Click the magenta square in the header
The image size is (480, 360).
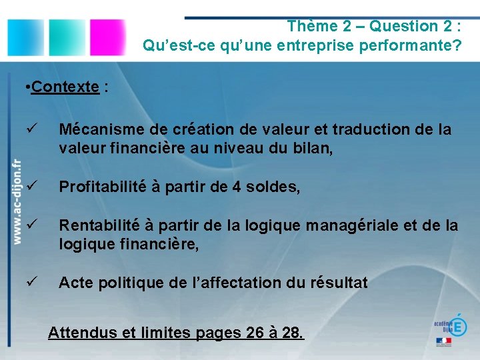pyautogui.click(x=107, y=37)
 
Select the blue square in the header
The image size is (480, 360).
pyautogui.click(x=25, y=37)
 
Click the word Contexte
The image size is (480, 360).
pyautogui.click(x=65, y=87)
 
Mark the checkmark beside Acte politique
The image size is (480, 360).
pyautogui.click(x=26, y=283)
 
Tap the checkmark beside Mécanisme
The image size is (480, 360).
pyautogui.click(x=26, y=129)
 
